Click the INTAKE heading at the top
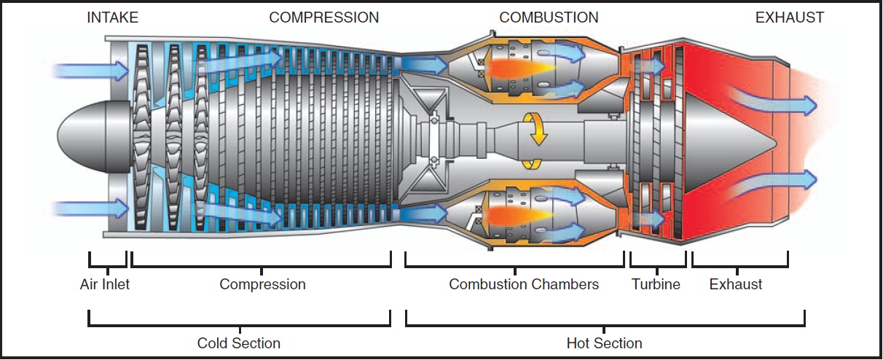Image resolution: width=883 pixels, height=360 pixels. (112, 17)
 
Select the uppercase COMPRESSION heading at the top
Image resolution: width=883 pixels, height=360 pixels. (324, 17)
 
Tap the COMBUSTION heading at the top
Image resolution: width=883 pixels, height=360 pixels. (549, 17)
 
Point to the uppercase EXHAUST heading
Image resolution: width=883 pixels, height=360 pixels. (790, 17)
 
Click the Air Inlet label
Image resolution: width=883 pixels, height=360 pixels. (105, 284)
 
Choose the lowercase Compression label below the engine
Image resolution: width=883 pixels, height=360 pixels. (262, 284)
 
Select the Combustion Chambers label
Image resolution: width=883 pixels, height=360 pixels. (524, 284)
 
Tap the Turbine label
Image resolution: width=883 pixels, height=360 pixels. (656, 284)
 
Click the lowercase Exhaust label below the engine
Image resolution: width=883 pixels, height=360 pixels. (736, 284)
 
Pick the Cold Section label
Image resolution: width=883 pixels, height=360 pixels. (239, 343)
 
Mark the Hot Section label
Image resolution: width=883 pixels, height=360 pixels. (605, 343)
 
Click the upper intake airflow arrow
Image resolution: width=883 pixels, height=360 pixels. (91, 71)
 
